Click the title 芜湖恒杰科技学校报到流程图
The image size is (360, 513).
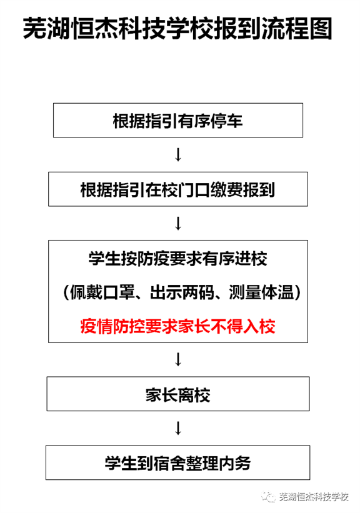click(x=177, y=29)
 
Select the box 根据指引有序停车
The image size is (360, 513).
click(x=178, y=120)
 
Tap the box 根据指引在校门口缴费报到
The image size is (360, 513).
click(x=178, y=189)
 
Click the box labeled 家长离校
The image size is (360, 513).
click(x=178, y=394)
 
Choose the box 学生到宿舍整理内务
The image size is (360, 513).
click(x=177, y=462)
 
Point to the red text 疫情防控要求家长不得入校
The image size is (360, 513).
click(x=177, y=326)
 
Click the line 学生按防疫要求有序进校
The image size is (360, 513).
click(x=177, y=259)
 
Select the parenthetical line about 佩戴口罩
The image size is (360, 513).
click(x=182, y=292)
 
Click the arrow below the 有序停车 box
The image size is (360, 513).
click(x=178, y=155)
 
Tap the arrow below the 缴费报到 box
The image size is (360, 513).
click(x=178, y=224)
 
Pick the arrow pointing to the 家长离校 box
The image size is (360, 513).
click(x=178, y=359)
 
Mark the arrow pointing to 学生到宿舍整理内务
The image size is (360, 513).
click(x=178, y=428)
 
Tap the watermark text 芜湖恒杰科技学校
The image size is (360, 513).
click(x=314, y=497)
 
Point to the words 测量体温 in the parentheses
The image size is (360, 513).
click(x=261, y=292)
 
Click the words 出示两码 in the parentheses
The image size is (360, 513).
click(x=182, y=292)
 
